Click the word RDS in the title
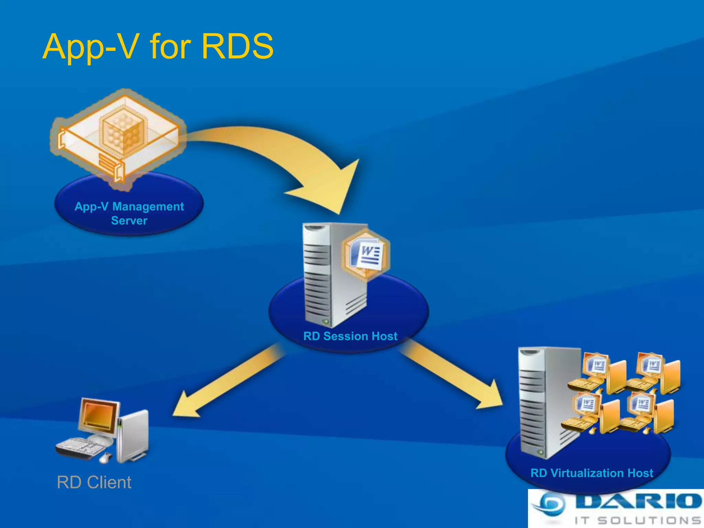[x=238, y=47]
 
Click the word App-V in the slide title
[x=91, y=47]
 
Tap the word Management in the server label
[x=148, y=206]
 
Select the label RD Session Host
[x=350, y=336]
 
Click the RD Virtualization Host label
[x=592, y=473]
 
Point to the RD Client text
[x=94, y=482]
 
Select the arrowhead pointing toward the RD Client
[x=187, y=406]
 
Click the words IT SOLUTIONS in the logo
[x=638, y=520]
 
